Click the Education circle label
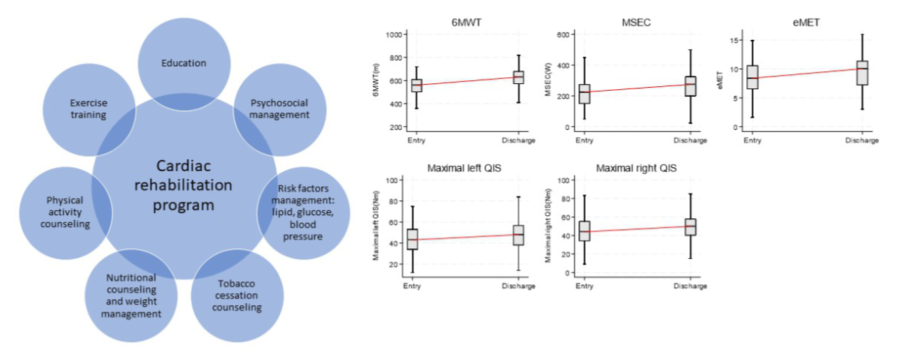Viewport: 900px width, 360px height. [x=184, y=63]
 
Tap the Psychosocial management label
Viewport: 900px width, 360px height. [x=279, y=109]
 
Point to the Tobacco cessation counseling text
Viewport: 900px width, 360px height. [x=237, y=297]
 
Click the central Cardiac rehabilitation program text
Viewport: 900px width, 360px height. [x=184, y=184]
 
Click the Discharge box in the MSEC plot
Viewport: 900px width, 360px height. [x=690, y=85]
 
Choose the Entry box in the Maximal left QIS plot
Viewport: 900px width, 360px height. [x=412, y=238]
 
